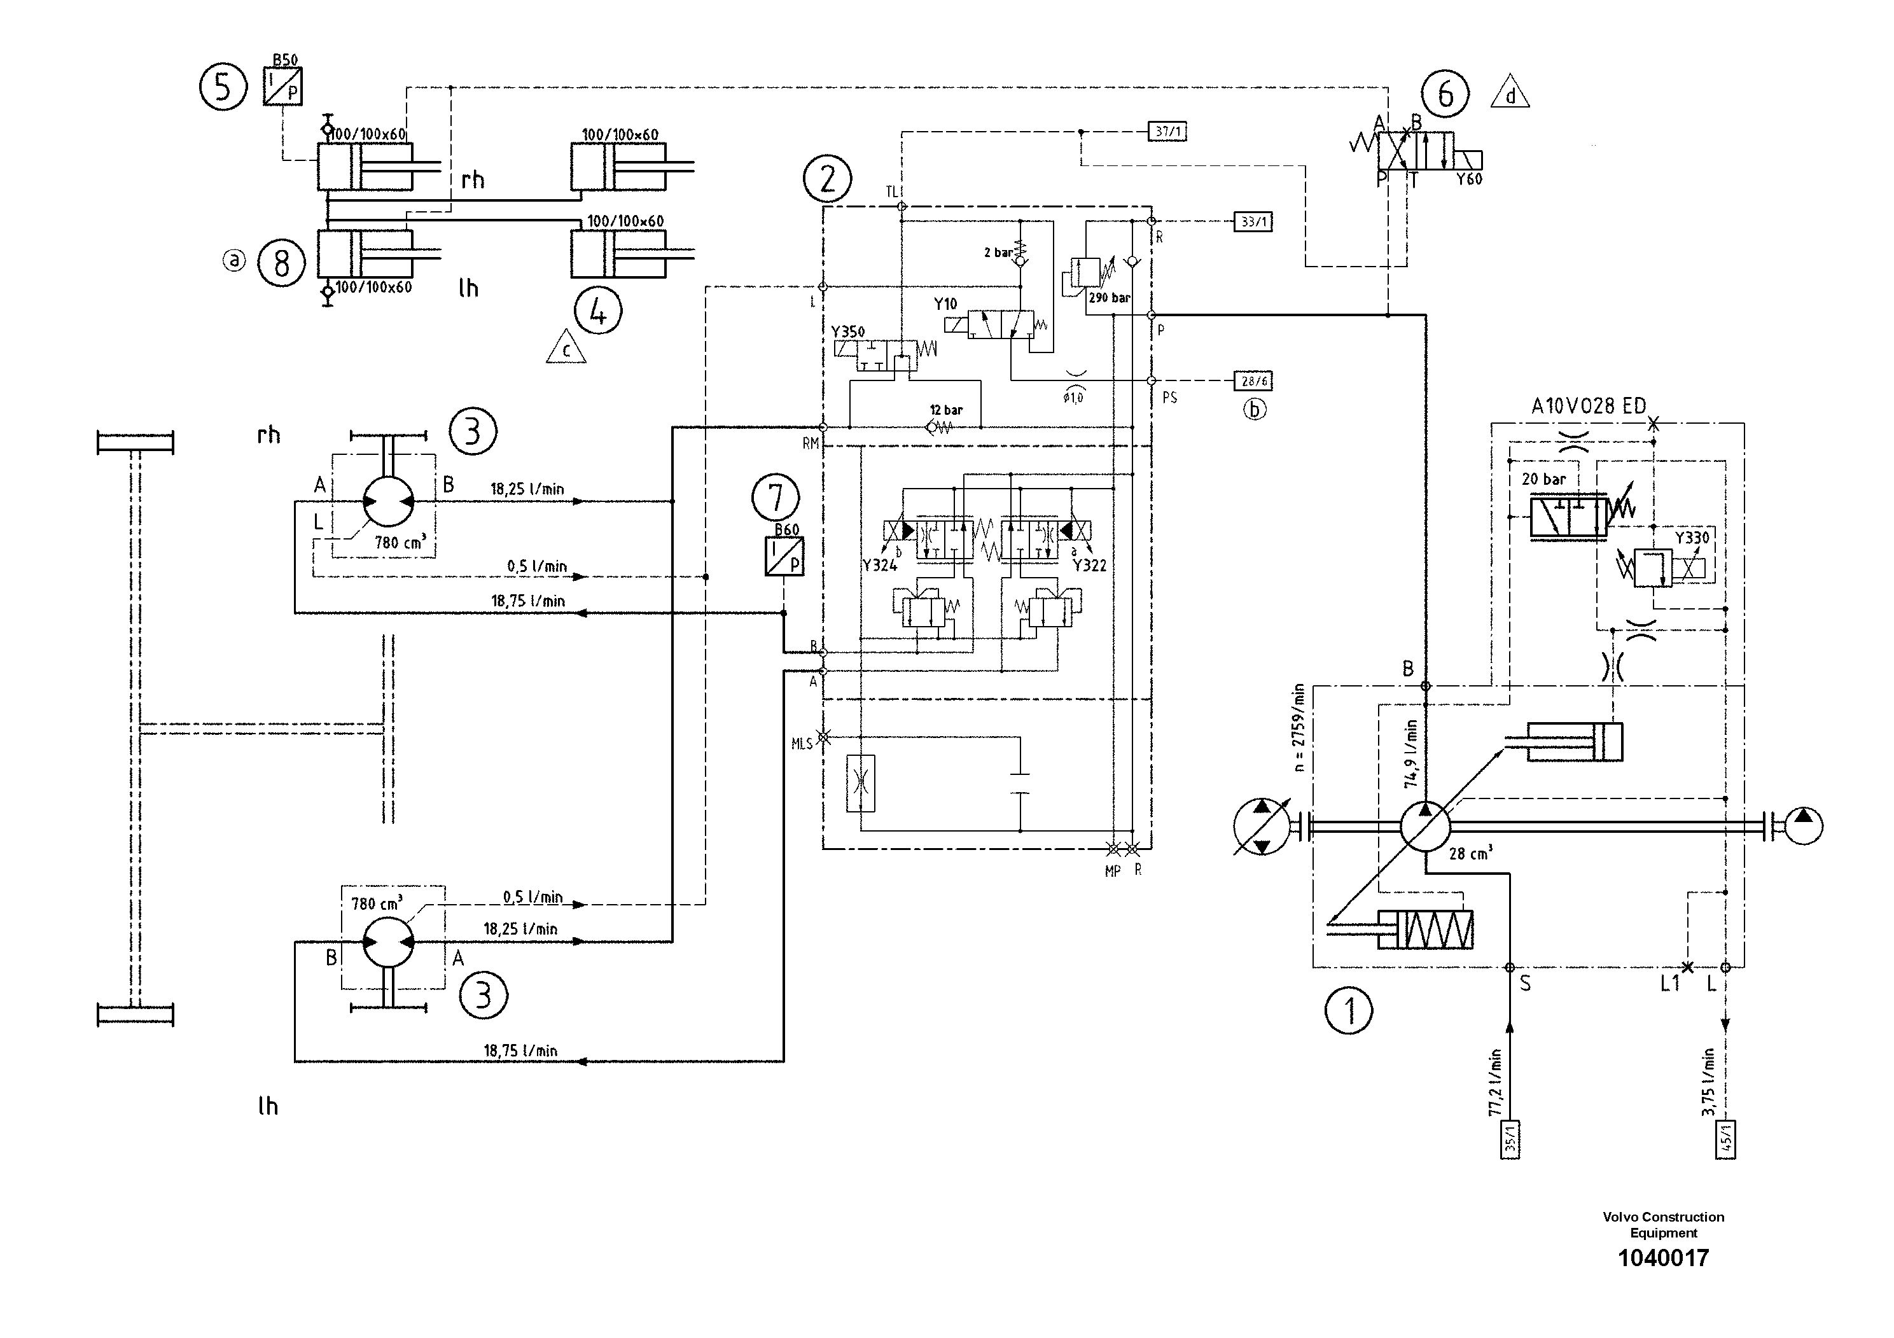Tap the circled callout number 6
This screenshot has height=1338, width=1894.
1445,94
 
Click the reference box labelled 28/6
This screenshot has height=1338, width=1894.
1253,380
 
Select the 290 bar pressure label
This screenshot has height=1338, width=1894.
1109,298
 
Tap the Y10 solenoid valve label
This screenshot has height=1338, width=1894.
945,303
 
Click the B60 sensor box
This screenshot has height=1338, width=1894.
784,556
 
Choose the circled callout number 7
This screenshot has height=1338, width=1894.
776,498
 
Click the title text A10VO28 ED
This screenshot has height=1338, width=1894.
1588,406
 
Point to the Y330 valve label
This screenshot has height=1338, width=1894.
1692,538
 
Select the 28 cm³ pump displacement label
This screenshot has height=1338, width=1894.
1470,853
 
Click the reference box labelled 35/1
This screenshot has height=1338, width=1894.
1510,1139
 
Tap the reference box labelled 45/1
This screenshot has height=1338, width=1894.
1725,1139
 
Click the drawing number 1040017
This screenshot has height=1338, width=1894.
1662,1257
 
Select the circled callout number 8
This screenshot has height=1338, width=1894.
281,263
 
